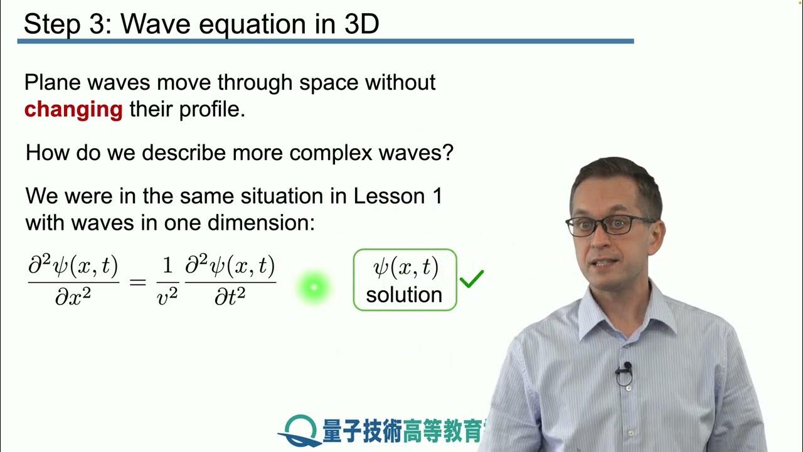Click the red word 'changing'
pyautogui.click(x=73, y=110)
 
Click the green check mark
pyautogui.click(x=472, y=279)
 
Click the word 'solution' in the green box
pyautogui.click(x=404, y=294)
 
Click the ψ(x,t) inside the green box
pyautogui.click(x=405, y=267)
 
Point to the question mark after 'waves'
pyautogui.click(x=447, y=153)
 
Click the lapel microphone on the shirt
pyautogui.click(x=624, y=370)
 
